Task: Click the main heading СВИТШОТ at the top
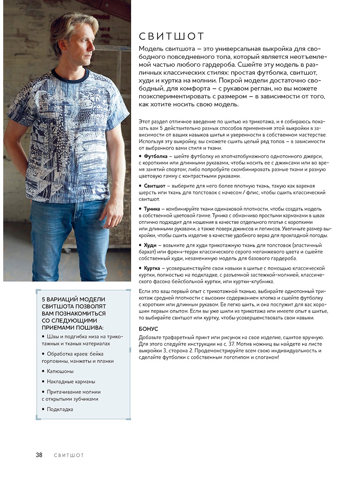pyautogui.click(x=172, y=37)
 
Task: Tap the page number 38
pyautogui.click(x=39, y=455)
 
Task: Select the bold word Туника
pyautogui.click(x=152, y=209)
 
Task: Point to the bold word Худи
pyautogui.click(x=150, y=245)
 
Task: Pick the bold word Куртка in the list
pyautogui.click(x=152, y=268)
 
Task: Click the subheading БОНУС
pyautogui.click(x=148, y=329)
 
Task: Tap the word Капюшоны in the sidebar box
pyautogui.click(x=60, y=371)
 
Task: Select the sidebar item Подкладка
pyautogui.click(x=60, y=409)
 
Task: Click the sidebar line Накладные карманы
pyautogui.click(x=71, y=382)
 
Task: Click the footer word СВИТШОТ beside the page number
pyautogui.click(x=69, y=455)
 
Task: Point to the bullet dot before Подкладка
pyautogui.click(x=43, y=409)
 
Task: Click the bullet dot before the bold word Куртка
pyautogui.click(x=140, y=268)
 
